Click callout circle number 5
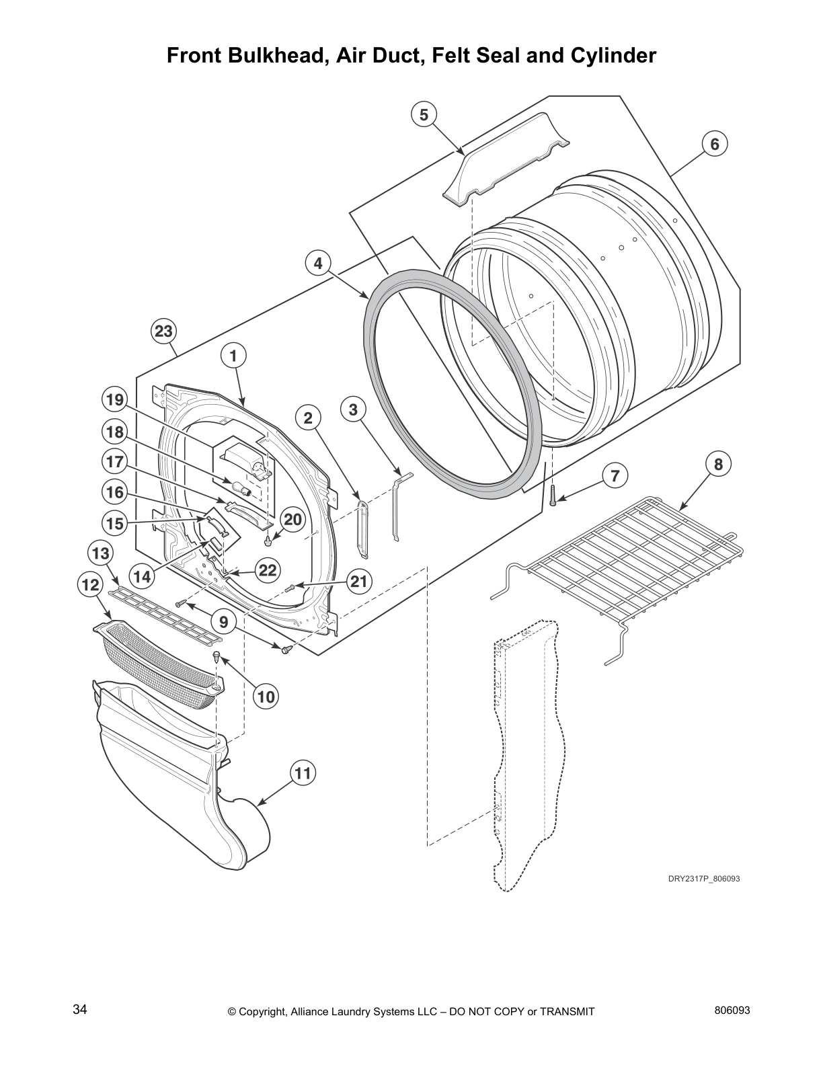tap(424, 115)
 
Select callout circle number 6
tap(715, 144)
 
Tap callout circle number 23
tap(164, 331)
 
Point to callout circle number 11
tap(303, 773)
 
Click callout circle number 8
tap(718, 464)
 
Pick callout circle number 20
tap(293, 520)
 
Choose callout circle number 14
tap(142, 576)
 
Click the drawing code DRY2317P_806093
tap(703, 878)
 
